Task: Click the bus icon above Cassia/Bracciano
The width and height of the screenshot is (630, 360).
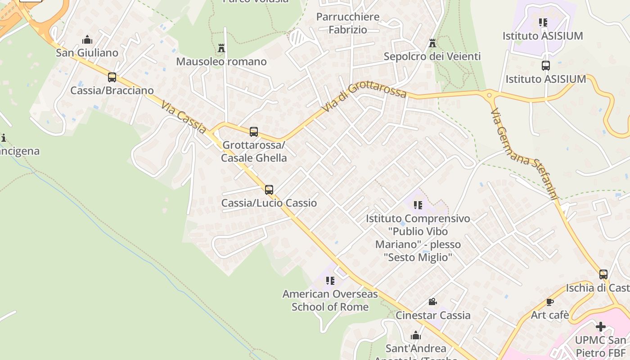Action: pos(112,77)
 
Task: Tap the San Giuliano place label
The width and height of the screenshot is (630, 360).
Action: pos(87,53)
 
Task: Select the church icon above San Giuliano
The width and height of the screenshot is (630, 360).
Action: pos(87,40)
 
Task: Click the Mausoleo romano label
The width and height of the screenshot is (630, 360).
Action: pos(221,61)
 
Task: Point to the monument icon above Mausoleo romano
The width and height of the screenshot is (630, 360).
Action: pos(221,48)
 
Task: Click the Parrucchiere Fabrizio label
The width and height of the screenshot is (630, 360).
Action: pos(348,23)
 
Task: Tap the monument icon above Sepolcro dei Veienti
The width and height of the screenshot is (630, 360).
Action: pos(432,43)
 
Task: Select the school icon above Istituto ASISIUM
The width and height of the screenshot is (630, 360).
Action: pos(543,22)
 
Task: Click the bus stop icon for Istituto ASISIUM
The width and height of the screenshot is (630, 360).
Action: pos(546,66)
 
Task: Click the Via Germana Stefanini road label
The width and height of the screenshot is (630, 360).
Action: pos(524,153)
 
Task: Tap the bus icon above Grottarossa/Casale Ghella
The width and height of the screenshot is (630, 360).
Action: pos(254,131)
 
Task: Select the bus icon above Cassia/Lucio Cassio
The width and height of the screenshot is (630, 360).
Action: pos(269,189)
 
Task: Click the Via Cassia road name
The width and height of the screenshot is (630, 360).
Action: pos(184,117)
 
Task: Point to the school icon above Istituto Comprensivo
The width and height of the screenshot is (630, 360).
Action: pos(418,205)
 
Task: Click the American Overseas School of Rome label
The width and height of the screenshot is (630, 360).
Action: pos(330,300)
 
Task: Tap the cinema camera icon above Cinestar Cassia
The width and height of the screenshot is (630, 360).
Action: pos(432,301)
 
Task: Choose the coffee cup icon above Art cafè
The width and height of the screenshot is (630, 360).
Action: pos(549,301)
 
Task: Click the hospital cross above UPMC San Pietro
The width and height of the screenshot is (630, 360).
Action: pos(601,326)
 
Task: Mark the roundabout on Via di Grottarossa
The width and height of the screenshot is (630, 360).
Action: pos(489,95)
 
